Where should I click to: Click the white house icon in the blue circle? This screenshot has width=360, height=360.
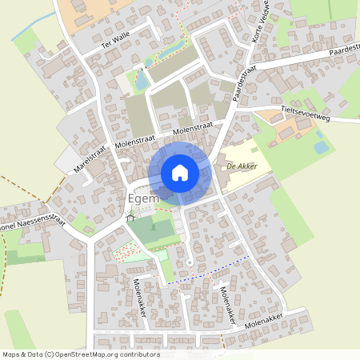[x=180, y=172]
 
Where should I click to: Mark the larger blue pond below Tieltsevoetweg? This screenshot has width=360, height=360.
[x=321, y=147]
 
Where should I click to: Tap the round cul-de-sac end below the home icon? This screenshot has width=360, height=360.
[x=189, y=263]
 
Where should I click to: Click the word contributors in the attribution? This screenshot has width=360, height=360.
[x=138, y=354]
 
